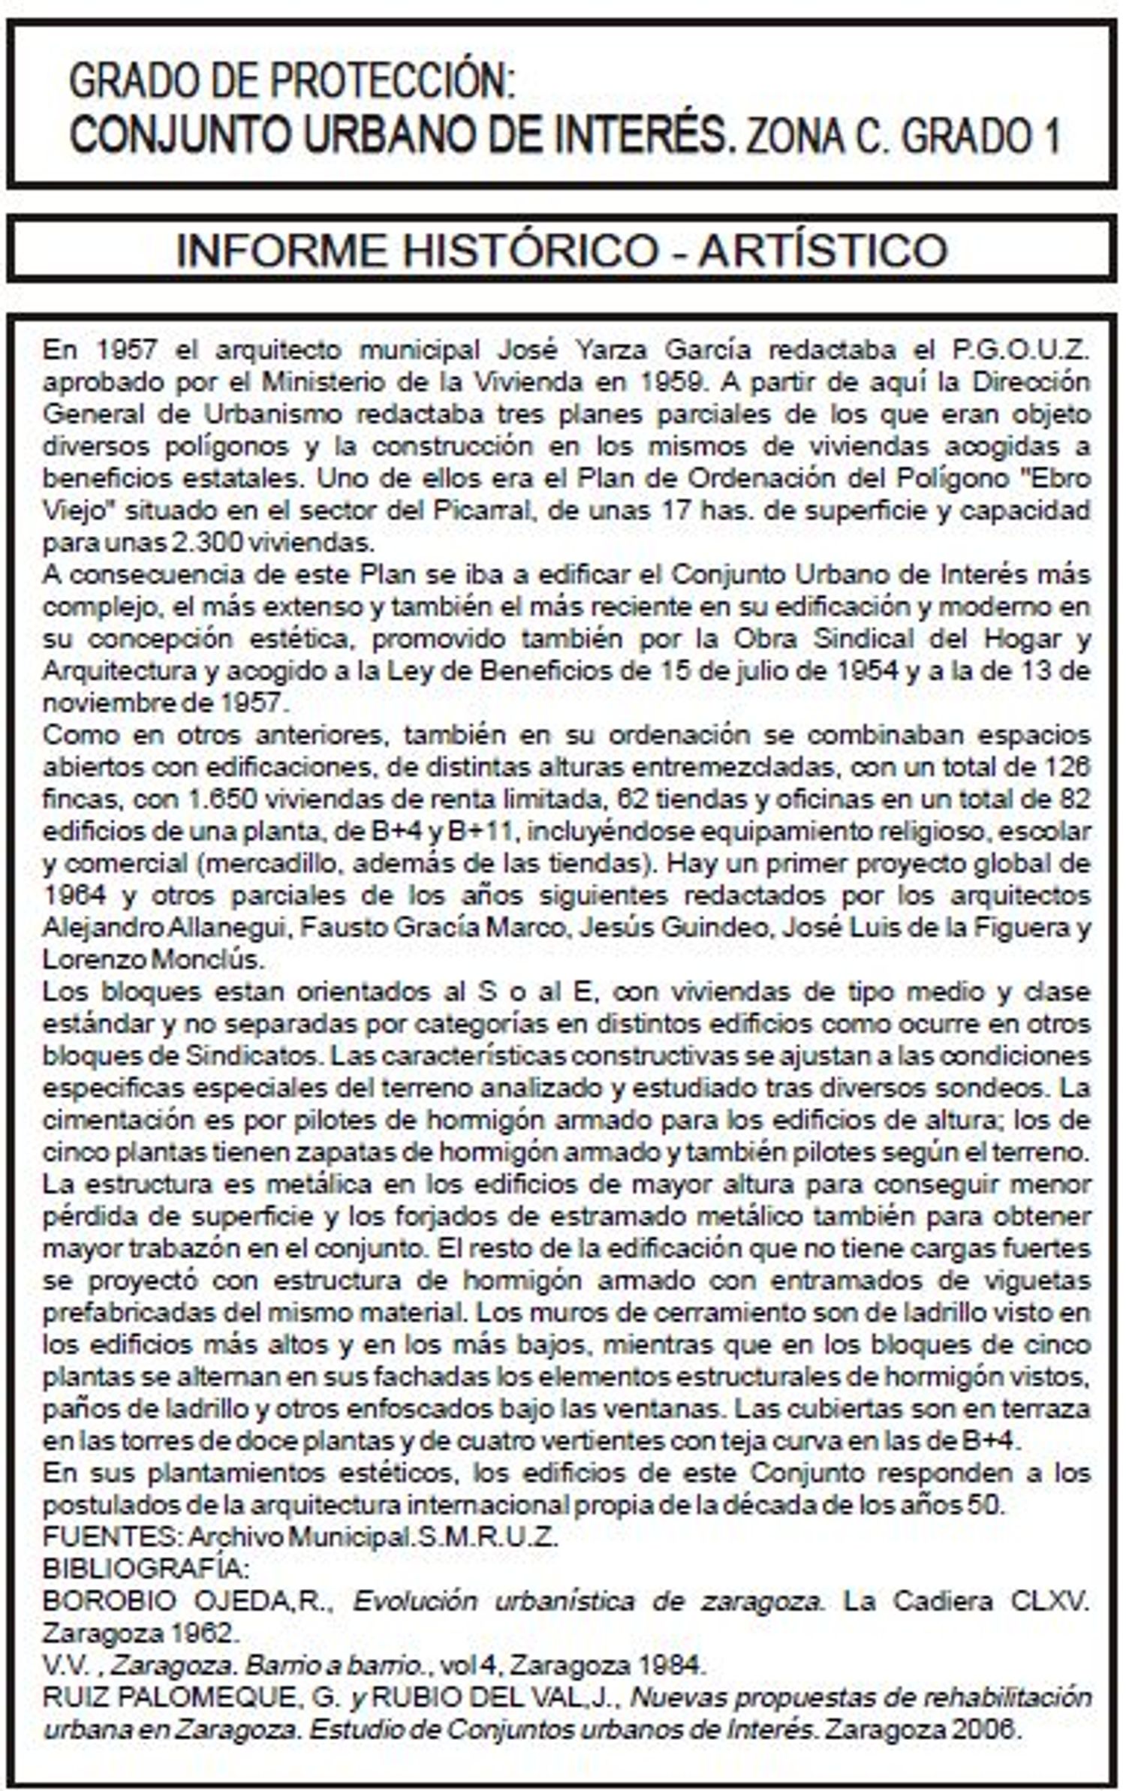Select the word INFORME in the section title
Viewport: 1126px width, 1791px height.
pyautogui.click(x=282, y=250)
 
